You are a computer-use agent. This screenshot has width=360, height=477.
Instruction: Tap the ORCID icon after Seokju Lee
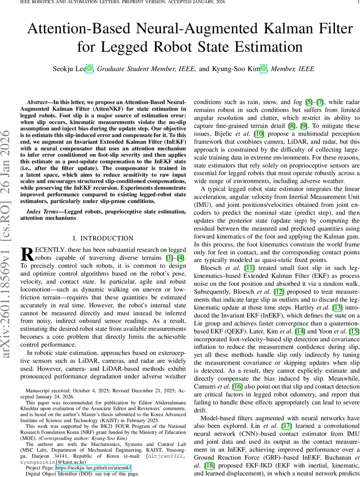89,68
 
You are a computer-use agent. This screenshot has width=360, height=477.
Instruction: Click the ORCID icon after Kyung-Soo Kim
264,68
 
